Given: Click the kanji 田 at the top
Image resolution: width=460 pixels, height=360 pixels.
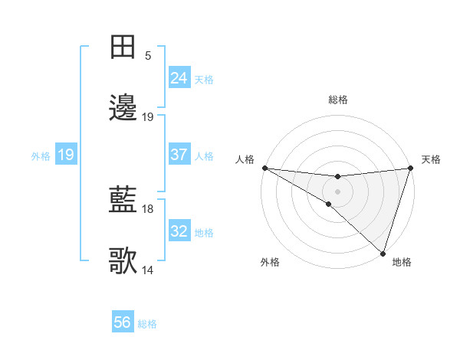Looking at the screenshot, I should (x=123, y=47).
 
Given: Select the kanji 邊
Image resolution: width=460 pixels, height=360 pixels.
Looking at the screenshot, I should (x=123, y=109).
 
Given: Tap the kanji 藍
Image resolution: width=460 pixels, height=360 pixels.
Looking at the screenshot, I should (x=123, y=201).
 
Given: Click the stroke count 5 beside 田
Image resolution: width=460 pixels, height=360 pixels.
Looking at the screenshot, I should (x=148, y=56).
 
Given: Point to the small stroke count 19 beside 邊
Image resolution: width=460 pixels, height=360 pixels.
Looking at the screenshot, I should (x=148, y=117).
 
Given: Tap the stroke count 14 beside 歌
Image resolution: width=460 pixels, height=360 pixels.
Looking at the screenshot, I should (x=148, y=270).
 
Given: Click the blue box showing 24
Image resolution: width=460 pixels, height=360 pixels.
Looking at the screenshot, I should (x=179, y=78).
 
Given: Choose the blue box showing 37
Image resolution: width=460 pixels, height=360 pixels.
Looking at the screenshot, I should (x=179, y=155).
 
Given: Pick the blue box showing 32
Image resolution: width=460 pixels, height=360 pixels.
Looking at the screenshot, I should (x=179, y=231).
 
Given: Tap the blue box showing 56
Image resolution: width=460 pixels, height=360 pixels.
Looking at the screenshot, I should (x=123, y=322).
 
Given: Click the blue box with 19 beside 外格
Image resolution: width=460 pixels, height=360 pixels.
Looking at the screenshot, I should (x=66, y=155).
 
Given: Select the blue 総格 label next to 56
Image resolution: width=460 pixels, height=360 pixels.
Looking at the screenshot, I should (x=147, y=324).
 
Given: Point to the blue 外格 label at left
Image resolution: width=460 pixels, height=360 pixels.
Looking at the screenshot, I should (x=41, y=155).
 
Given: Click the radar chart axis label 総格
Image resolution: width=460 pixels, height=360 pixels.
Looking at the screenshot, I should (x=338, y=100).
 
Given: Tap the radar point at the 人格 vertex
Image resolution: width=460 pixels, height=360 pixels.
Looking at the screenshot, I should (x=264, y=168).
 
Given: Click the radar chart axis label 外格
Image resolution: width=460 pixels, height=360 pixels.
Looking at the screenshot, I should (x=270, y=262).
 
